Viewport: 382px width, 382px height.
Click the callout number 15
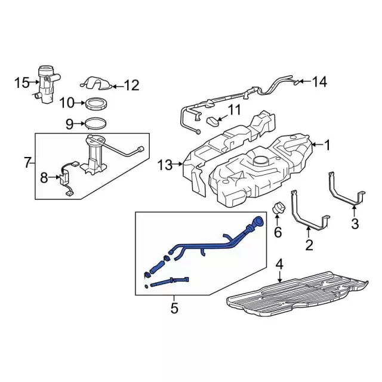tap(22, 82)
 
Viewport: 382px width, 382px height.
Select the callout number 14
tap(320, 82)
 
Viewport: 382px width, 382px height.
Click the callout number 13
tap(165, 164)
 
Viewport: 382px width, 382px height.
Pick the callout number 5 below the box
tap(174, 308)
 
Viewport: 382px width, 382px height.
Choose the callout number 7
tap(27, 162)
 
